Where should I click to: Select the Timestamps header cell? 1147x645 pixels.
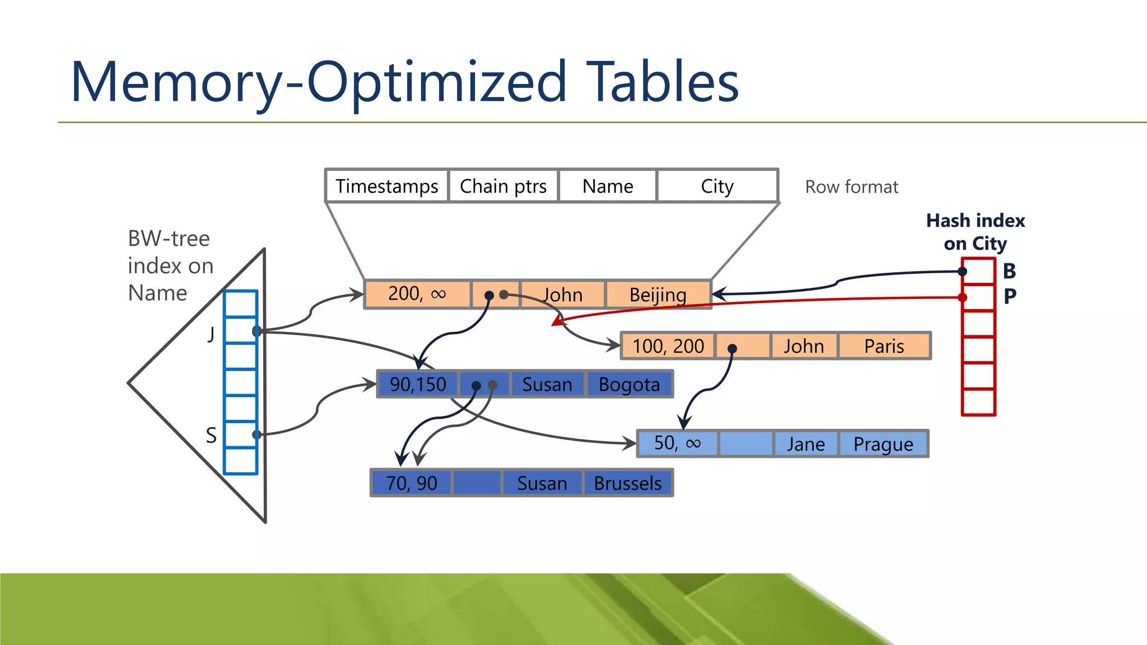[386, 186]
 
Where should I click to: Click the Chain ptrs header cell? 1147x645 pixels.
[503, 186]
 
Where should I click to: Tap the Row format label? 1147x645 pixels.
[851, 186]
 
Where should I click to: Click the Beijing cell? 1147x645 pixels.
[658, 295]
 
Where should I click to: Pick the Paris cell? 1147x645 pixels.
[884, 346]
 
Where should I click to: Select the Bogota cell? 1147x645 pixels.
[629, 385]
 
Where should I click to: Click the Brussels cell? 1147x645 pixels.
[627, 483]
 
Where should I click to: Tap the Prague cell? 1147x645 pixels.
[883, 444]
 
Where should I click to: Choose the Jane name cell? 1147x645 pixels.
[805, 444]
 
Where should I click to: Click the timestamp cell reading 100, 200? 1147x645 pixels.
[668, 346]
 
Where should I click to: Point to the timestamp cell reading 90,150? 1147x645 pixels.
[418, 385]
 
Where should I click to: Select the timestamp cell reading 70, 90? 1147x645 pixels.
[411, 483]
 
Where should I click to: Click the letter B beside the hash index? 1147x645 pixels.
[1009, 271]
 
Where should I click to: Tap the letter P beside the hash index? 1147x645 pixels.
[1010, 296]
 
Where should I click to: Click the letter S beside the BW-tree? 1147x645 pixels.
[211, 435]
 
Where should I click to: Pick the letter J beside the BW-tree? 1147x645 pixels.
[211, 334]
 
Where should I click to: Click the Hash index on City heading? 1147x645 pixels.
[975, 232]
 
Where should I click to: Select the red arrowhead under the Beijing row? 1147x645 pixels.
[557, 321]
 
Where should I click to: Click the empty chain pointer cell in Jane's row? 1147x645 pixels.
[745, 444]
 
